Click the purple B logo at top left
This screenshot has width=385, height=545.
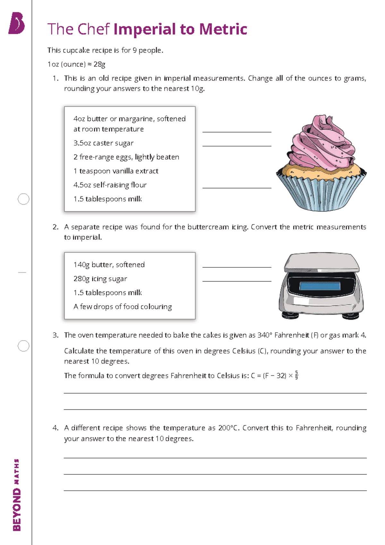click(x=17, y=23)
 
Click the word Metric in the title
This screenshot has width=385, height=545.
click(x=223, y=29)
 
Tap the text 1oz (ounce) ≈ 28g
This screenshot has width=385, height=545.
click(x=76, y=64)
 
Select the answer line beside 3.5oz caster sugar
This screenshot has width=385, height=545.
click(x=237, y=146)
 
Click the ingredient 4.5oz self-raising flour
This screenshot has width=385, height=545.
click(x=110, y=185)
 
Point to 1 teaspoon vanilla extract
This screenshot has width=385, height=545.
click(x=116, y=171)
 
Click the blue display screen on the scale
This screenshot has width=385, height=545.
click(x=320, y=286)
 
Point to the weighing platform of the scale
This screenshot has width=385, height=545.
click(x=322, y=261)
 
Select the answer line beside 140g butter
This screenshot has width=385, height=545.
click(x=237, y=267)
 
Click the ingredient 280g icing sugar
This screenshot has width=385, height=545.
click(x=100, y=279)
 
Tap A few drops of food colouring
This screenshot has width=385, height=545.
click(x=123, y=307)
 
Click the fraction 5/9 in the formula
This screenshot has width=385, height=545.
click(x=296, y=375)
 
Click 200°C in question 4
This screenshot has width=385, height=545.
click(x=229, y=428)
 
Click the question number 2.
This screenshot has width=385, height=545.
click(x=55, y=227)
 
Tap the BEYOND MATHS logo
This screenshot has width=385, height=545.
click(x=17, y=495)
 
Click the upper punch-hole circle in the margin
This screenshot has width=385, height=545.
click(x=23, y=199)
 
